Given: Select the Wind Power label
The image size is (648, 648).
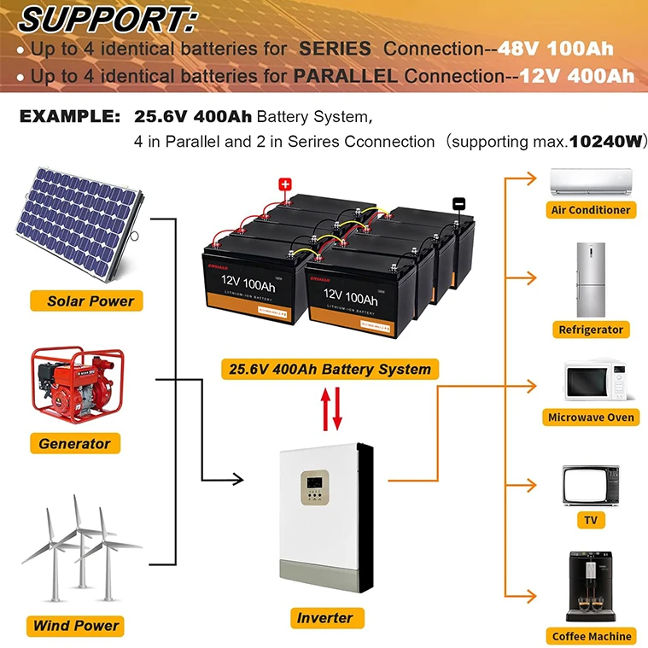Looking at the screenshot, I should click(x=76, y=625).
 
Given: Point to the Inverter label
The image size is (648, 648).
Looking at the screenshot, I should click(x=324, y=617).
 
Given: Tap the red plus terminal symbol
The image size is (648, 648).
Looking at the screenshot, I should click(x=285, y=183).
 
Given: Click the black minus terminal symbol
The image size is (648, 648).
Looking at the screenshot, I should click(x=458, y=203).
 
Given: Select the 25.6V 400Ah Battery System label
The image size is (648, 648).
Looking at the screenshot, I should click(x=330, y=370).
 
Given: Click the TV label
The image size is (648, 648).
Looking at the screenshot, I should click(x=590, y=520).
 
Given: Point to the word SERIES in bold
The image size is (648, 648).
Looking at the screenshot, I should click(x=336, y=49).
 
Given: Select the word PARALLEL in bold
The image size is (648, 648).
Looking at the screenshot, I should click(x=345, y=76).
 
